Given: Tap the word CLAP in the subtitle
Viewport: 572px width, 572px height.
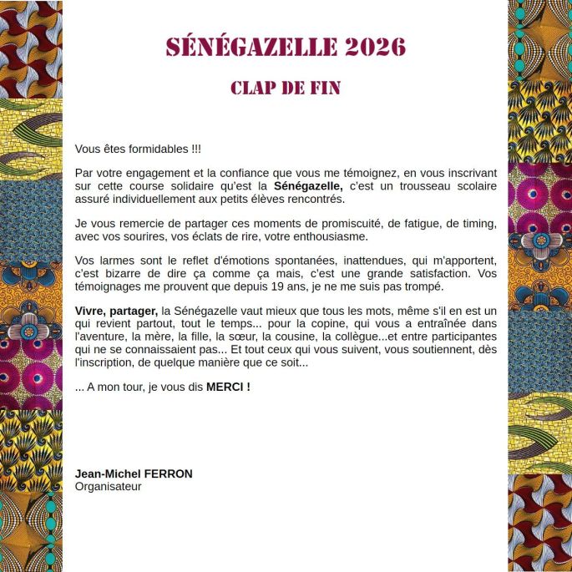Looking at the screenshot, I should click(x=256, y=89).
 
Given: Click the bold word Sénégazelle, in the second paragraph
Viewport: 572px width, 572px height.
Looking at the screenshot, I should click(x=308, y=185).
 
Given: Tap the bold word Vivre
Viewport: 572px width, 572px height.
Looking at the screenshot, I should click(x=90, y=311).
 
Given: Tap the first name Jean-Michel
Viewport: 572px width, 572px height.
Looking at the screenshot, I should click(x=104, y=473).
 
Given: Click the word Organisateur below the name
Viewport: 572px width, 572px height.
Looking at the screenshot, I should click(x=108, y=486).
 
